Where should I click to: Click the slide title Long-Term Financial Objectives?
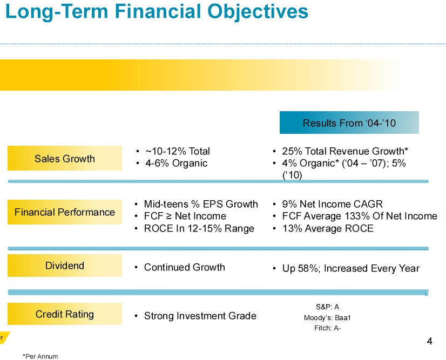(157, 12)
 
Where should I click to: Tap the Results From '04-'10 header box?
(349, 123)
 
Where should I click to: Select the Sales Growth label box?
(65, 159)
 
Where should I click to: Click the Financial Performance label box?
(65, 212)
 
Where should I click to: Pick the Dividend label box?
(65, 266)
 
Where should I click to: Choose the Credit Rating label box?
(65, 314)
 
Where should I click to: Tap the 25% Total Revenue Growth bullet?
(344, 151)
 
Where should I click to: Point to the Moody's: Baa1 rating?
(327, 317)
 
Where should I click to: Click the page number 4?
(429, 341)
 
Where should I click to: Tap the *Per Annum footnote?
(40, 356)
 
